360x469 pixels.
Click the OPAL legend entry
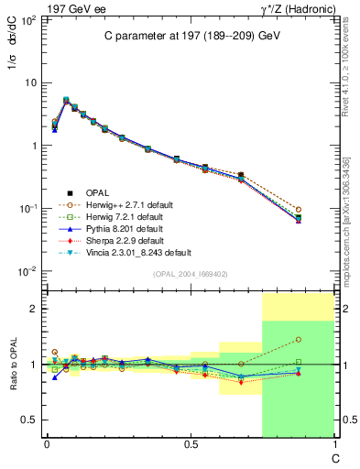(x=97, y=192)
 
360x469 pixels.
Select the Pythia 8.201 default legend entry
(x=120, y=228)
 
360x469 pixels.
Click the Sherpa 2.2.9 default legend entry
(x=121, y=240)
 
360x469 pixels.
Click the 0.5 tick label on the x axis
(x=190, y=444)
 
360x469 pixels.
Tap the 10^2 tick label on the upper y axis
(x=28, y=19)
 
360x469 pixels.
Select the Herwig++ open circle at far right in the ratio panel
(x=298, y=340)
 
